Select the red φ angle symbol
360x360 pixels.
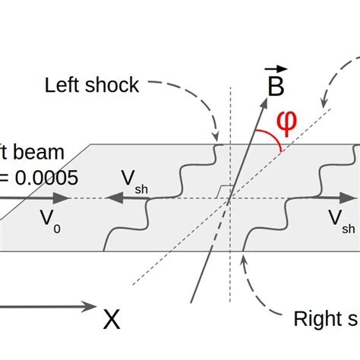(286, 121)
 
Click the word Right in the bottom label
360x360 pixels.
(314, 320)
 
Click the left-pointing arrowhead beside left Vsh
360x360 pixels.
(111, 200)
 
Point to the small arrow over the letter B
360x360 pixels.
(272, 71)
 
